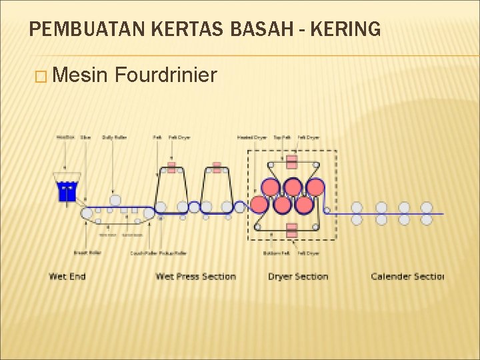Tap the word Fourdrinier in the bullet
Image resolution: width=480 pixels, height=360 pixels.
(166, 75)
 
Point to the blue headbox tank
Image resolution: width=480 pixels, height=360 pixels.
(67, 191)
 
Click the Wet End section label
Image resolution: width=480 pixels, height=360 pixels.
(67, 276)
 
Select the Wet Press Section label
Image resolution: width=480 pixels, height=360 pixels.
(195, 276)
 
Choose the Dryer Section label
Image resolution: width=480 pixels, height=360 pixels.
(298, 276)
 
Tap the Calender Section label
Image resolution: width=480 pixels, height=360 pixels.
(407, 276)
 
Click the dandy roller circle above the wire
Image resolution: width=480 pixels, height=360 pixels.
(115, 200)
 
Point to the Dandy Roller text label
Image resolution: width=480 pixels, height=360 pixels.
(114, 138)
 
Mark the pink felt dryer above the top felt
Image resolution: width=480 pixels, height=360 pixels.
(291, 161)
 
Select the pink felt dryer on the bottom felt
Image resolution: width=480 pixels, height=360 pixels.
(291, 230)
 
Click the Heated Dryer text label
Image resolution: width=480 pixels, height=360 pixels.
(252, 138)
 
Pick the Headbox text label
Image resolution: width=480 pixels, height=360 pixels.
(65, 138)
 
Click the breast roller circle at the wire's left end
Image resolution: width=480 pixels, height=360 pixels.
(87, 213)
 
